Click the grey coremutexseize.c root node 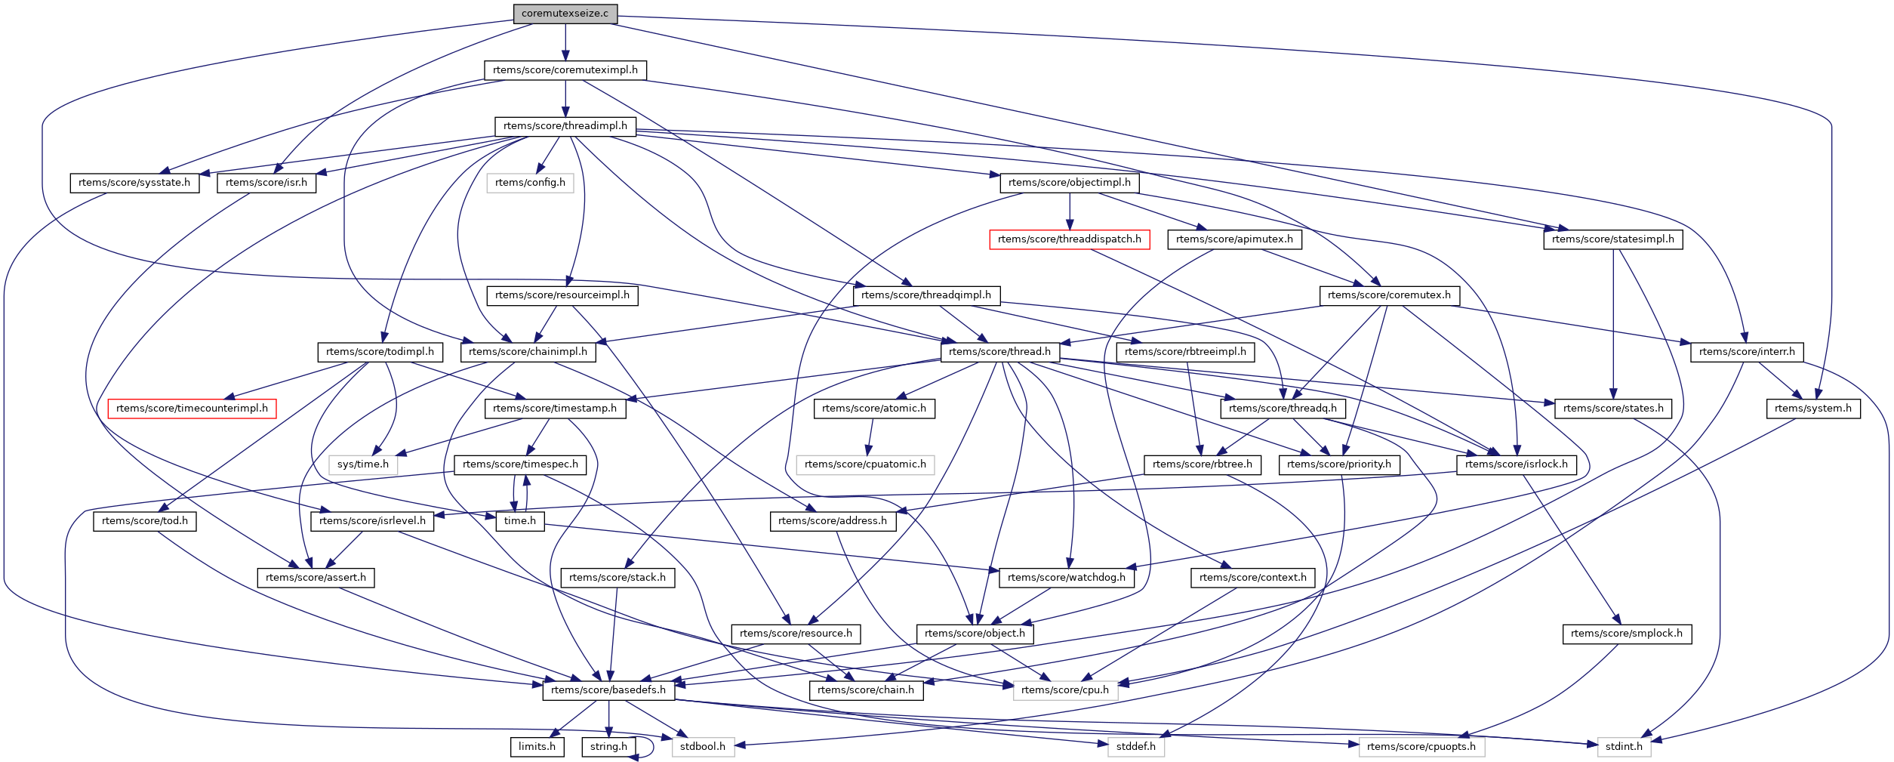(x=565, y=14)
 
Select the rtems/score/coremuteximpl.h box (x=565, y=70)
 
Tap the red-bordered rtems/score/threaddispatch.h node (x=1069, y=239)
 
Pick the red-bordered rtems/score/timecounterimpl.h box (x=192, y=409)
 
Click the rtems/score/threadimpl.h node (x=565, y=126)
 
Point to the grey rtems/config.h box (x=530, y=183)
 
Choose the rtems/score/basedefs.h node (x=608, y=690)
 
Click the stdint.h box (x=1623, y=747)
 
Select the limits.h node (x=537, y=747)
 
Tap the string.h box (x=608, y=747)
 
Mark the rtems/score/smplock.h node (x=1626, y=634)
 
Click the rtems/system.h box (x=1812, y=409)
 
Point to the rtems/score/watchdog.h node (x=1066, y=578)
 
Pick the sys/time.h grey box (x=362, y=464)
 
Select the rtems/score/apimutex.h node (x=1233, y=239)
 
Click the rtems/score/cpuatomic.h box (x=865, y=464)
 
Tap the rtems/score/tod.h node (x=144, y=521)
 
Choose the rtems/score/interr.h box (x=1747, y=352)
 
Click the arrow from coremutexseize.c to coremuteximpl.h (x=565, y=42)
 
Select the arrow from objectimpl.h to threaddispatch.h (x=1069, y=211)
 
